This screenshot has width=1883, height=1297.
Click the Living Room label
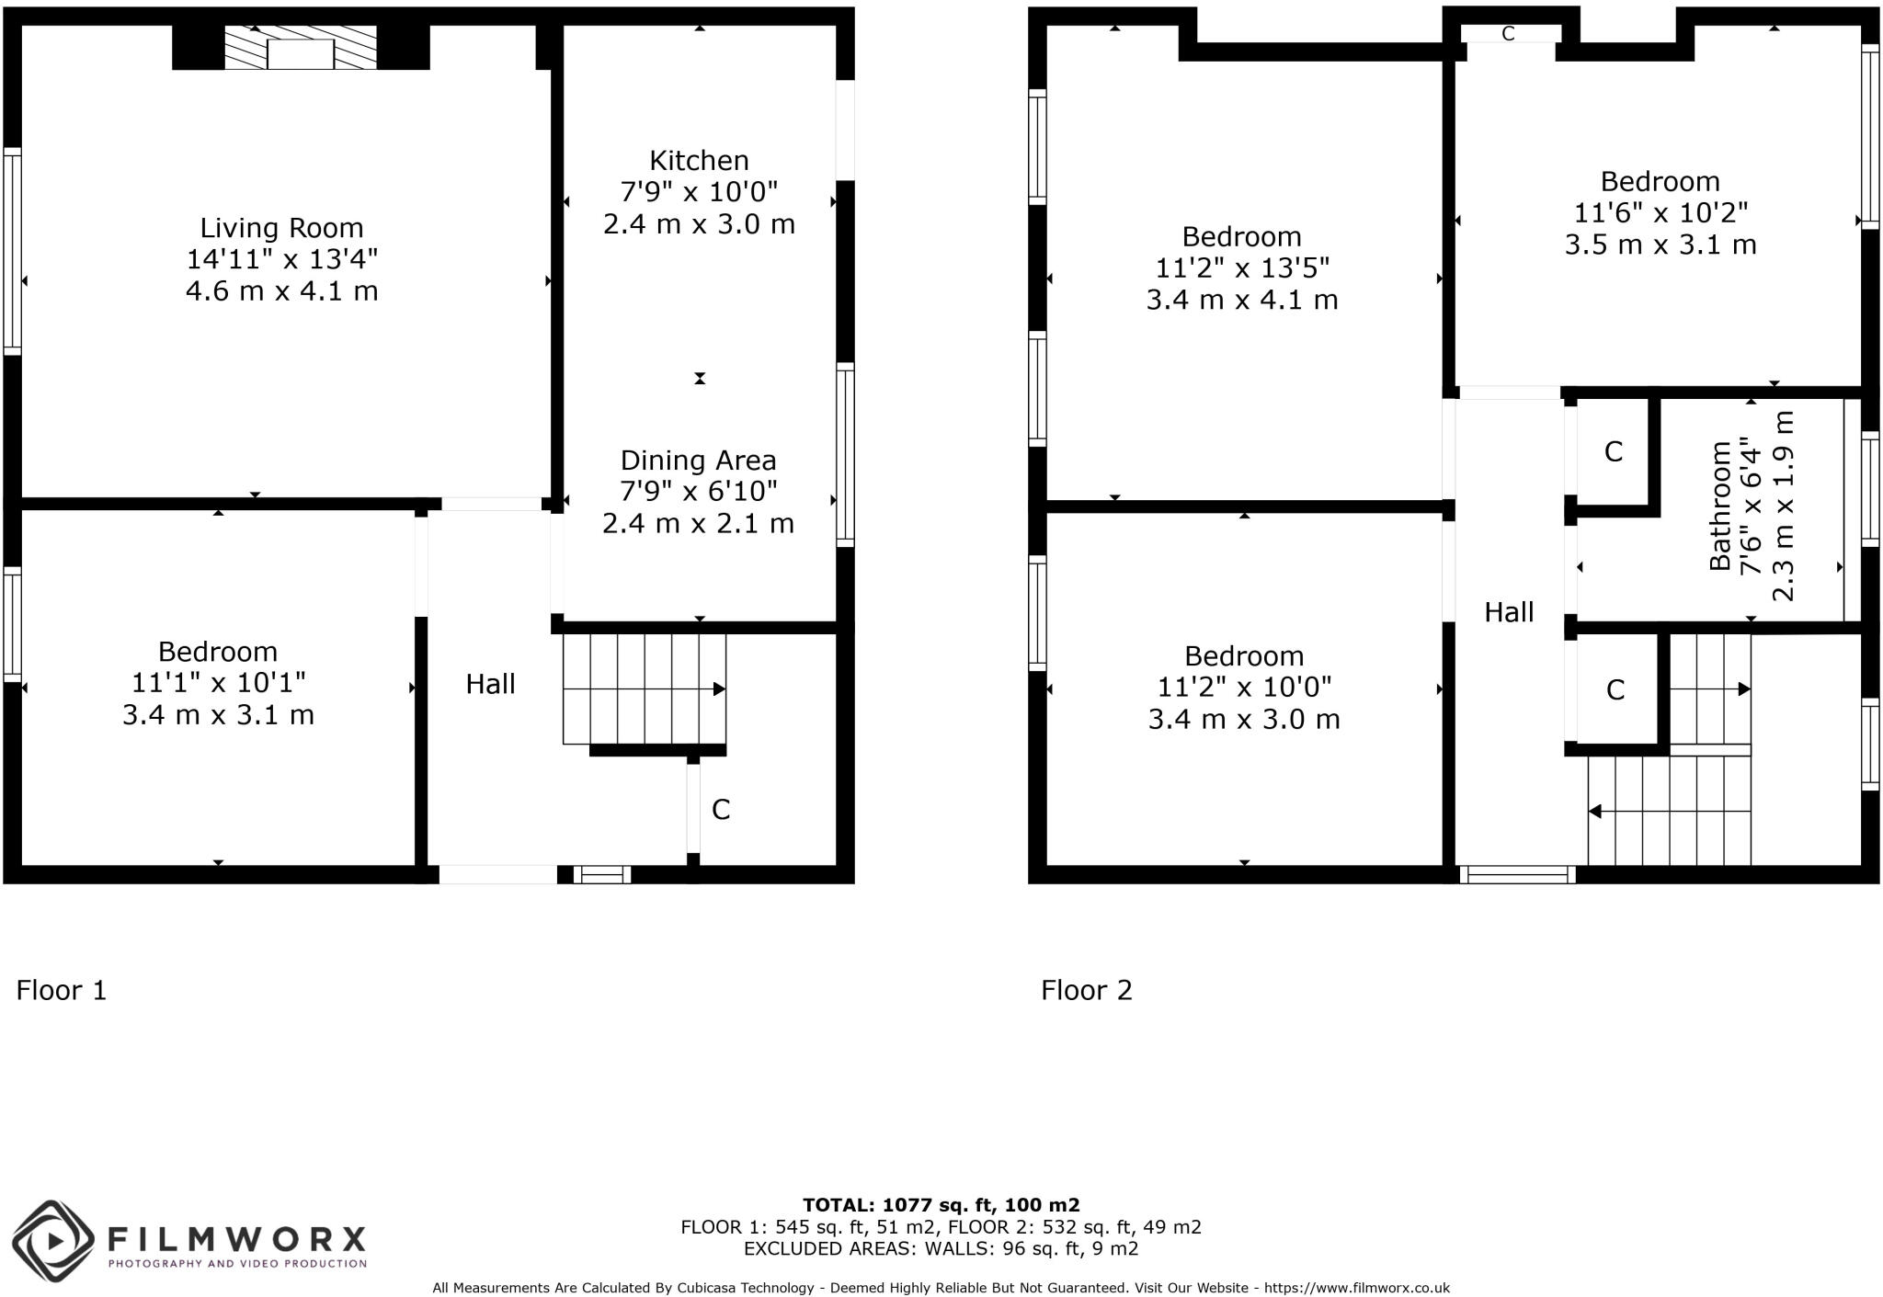tap(281, 228)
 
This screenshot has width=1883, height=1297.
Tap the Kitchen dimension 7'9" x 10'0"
tap(699, 192)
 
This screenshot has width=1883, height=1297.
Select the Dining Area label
tap(698, 461)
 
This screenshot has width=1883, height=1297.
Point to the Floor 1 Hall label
tap(490, 684)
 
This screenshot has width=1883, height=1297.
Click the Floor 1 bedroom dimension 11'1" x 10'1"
tap(218, 683)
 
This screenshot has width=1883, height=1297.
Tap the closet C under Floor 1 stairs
tap(721, 810)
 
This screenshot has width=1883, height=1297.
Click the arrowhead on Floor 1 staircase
tap(719, 688)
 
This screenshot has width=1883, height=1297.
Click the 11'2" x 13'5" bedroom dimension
tap(1241, 268)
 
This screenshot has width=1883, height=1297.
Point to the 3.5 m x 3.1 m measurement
tap(1660, 245)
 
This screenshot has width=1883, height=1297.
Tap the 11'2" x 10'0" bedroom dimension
tap(1243, 687)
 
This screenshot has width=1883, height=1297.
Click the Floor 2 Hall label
tap(1509, 612)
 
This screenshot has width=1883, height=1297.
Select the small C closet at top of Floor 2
tap(1508, 34)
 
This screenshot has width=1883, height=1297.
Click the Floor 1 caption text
tap(62, 990)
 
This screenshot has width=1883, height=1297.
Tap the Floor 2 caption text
tap(1086, 990)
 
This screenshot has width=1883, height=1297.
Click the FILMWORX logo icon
tap(53, 1241)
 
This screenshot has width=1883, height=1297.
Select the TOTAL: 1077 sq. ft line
tap(941, 1205)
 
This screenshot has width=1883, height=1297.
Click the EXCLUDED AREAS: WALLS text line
tap(941, 1248)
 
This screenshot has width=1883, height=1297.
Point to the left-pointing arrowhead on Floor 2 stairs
tap(1595, 812)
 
